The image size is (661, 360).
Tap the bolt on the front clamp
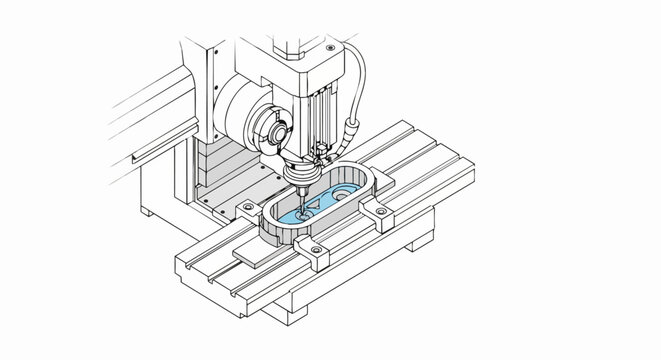pos(316,247)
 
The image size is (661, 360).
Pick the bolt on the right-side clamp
pos(383,206)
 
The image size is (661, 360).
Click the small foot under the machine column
pos(147,211)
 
